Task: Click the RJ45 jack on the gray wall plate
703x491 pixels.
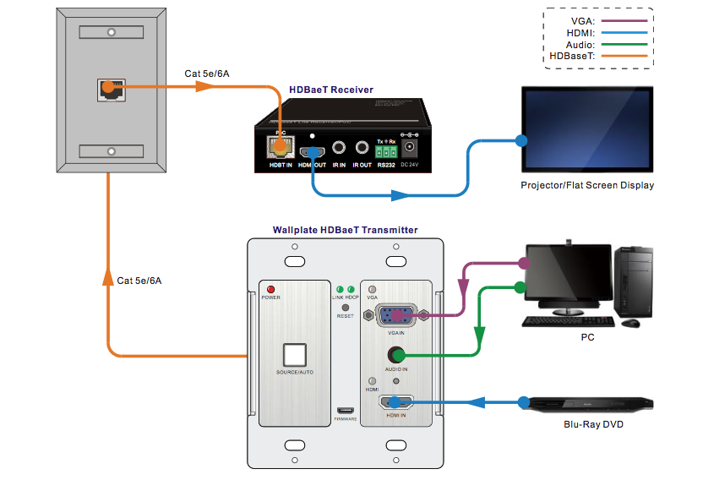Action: coord(109,88)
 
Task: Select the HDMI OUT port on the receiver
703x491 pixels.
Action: coord(313,148)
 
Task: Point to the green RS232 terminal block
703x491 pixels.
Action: coord(386,150)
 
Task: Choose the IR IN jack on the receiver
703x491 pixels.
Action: coord(339,147)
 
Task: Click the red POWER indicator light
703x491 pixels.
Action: coord(271,289)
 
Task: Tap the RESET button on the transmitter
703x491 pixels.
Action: coord(346,307)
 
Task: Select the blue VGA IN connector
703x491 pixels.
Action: coord(397,315)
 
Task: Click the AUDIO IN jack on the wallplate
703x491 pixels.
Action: coord(396,356)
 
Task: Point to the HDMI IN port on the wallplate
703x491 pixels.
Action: coord(396,402)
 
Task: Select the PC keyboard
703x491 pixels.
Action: coord(568,322)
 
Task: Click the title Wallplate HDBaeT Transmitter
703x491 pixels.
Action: coord(345,230)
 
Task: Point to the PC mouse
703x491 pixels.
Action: coord(630,323)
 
